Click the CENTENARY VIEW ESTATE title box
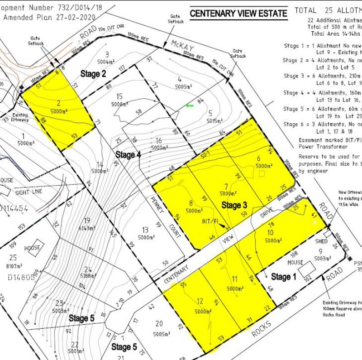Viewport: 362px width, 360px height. (238, 14)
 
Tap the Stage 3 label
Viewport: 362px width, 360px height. (234, 206)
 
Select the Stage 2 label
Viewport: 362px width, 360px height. (93, 74)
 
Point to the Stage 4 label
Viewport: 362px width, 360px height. (128, 155)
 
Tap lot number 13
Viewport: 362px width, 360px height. (145, 230)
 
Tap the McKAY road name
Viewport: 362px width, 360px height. (182, 45)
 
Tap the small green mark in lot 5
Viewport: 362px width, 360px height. (190, 106)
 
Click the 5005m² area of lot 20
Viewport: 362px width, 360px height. (158, 333)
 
